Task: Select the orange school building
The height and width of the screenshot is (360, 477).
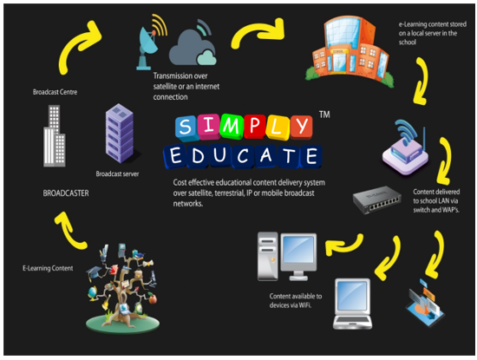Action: (x=350, y=51)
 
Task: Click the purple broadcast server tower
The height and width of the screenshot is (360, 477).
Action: (x=120, y=134)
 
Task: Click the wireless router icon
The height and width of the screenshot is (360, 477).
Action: (x=406, y=148)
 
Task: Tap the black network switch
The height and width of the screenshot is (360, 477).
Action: (x=376, y=200)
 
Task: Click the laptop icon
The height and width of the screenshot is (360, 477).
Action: (x=353, y=304)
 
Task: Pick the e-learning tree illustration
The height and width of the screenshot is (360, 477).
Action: (x=122, y=288)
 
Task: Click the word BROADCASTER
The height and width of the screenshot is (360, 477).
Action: (x=66, y=193)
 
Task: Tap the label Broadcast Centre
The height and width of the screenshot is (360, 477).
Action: (x=55, y=92)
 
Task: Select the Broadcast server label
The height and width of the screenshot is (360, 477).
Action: (x=117, y=173)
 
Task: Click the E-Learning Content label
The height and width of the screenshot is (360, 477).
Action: (x=48, y=268)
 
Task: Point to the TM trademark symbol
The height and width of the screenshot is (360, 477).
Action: (x=324, y=115)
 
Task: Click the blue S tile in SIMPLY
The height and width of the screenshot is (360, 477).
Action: (x=186, y=128)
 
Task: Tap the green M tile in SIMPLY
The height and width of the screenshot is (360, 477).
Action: (x=232, y=126)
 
